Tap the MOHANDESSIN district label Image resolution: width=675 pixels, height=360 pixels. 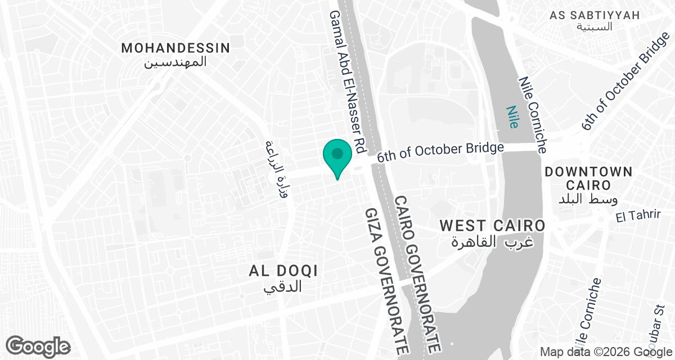click(175, 48)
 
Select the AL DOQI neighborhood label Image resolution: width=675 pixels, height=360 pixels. click(283, 271)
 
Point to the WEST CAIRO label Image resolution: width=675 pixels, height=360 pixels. click(492, 226)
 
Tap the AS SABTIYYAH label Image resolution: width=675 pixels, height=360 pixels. click(595, 15)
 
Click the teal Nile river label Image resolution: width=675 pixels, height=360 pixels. click(512, 118)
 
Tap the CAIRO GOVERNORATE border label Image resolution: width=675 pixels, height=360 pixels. click(420, 273)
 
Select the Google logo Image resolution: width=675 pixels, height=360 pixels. click(38, 346)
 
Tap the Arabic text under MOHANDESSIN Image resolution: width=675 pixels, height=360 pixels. click(175, 62)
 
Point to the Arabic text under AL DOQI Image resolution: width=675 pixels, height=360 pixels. click(283, 286)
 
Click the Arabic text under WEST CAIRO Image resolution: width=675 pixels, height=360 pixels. click(492, 242)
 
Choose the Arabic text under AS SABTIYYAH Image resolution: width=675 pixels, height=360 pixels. click(595, 28)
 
